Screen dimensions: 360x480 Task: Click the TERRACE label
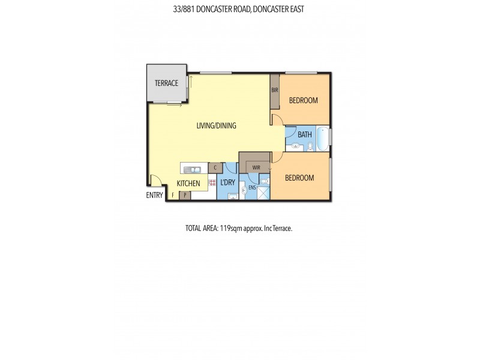[166, 83]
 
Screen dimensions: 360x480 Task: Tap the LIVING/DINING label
[217, 126]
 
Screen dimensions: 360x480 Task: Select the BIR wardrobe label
[275, 90]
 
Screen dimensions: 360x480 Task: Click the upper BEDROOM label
[303, 100]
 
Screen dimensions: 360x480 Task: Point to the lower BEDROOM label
[299, 178]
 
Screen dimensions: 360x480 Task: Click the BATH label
[305, 134]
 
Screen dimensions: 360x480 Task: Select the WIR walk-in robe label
[256, 167]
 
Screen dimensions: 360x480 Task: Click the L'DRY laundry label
[227, 182]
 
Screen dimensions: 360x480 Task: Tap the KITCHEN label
[188, 184]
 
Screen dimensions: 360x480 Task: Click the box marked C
[215, 167]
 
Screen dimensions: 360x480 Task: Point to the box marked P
[185, 195]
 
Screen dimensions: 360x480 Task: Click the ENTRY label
[154, 195]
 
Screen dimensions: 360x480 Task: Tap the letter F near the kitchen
[173, 195]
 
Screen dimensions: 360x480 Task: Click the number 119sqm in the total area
[226, 229]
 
